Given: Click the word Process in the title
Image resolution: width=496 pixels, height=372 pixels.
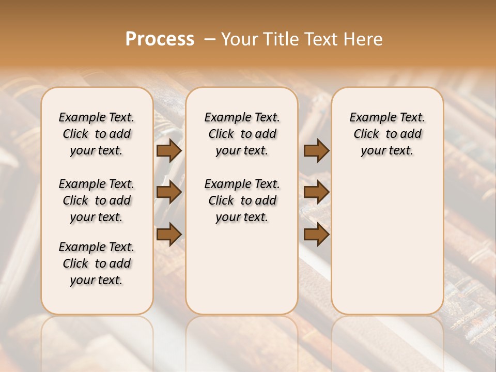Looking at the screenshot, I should tap(160, 39).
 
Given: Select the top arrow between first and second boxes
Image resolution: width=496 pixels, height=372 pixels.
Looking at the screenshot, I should tap(169, 151).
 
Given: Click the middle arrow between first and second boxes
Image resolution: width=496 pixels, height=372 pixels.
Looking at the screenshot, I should tap(169, 193).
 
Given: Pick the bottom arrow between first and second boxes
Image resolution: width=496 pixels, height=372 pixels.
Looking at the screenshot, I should tap(169, 234).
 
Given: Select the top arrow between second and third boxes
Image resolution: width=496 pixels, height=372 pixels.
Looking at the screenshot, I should tap(316, 151).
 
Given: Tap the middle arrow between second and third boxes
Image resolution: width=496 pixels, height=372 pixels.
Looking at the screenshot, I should tap(316, 193).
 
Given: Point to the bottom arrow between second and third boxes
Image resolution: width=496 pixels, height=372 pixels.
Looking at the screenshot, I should tap(316, 234).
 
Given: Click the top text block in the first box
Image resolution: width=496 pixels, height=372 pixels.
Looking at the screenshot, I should tap(97, 134).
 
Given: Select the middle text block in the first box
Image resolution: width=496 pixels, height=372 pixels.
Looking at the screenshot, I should tap(97, 200).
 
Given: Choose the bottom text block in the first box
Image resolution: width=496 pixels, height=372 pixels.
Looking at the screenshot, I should tap(97, 263).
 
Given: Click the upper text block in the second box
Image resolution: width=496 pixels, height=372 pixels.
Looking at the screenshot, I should tap(242, 134).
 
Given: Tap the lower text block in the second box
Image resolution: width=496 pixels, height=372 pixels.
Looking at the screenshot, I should tap(242, 200).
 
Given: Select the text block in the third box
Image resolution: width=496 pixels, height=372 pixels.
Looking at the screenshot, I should tap(387, 134).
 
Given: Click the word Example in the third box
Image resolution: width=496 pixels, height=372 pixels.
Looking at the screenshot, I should tap(369, 118).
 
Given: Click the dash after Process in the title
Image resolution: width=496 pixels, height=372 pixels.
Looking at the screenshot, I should tap(210, 39).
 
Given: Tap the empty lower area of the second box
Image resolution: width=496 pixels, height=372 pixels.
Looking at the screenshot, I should tap(242, 269).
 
